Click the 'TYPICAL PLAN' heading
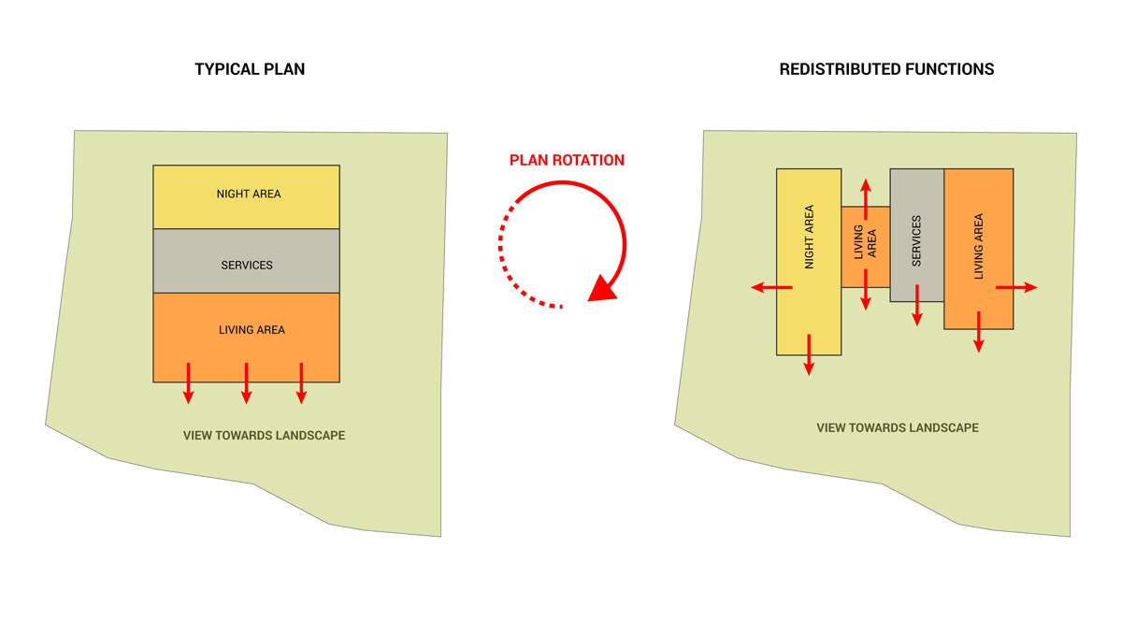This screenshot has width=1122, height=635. (250, 69)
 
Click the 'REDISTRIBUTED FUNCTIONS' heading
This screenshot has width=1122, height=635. (886, 69)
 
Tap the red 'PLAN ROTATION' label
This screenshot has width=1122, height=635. (567, 160)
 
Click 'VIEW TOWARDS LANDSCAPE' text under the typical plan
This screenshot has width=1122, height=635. (264, 436)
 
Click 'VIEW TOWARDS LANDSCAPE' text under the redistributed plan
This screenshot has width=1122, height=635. (898, 427)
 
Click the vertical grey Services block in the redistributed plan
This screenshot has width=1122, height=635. (916, 234)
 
